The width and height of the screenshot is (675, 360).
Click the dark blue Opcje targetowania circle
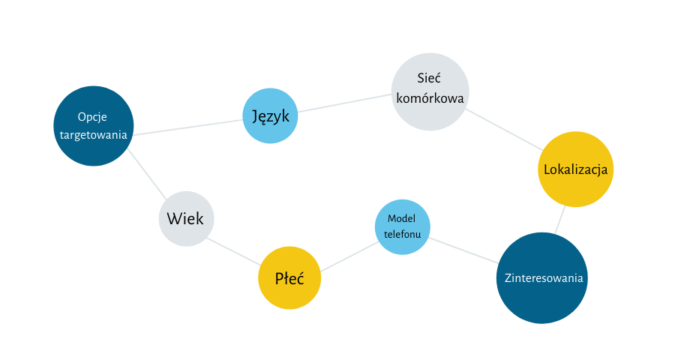point(94,126)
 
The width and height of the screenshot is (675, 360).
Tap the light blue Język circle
point(271,115)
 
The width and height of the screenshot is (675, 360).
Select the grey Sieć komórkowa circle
point(430,91)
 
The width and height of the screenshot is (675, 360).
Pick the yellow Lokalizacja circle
point(576,169)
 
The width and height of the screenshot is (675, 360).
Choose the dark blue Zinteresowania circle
point(542,278)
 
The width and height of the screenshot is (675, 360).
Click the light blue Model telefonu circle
point(403,226)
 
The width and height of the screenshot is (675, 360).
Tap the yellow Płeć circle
point(289,278)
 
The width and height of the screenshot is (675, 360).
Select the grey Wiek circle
point(186,218)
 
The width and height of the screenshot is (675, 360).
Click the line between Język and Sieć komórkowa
point(345,103)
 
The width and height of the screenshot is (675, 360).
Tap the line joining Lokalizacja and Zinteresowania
point(559,220)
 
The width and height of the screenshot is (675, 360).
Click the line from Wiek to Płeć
point(234,250)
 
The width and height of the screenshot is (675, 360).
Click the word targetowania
point(94,135)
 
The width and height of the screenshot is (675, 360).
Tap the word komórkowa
point(430,98)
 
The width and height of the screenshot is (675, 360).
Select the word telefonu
point(403,234)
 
